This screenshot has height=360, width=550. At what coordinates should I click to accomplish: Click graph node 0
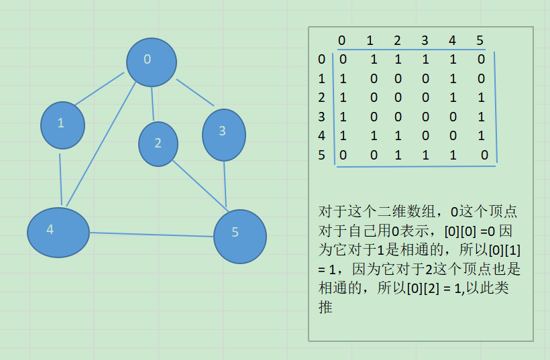pos(151,62)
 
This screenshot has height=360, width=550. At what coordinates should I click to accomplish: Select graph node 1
pos(62,125)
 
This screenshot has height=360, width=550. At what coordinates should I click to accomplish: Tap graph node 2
pos(158,143)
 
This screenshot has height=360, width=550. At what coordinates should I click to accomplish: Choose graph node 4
pos(58,232)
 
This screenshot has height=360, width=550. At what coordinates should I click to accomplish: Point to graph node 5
pos(239,236)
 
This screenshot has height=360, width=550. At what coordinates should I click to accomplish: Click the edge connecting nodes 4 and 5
pos(152,235)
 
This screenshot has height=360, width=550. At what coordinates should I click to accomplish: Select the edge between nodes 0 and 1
pos(99,89)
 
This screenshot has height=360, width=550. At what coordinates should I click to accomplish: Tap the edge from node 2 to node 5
pos(199,183)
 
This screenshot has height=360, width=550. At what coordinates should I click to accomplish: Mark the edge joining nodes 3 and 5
pos(225,184)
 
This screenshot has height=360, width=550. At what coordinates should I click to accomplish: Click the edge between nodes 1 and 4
pos(61,179)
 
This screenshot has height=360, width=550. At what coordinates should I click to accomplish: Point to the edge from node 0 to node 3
pos(195,93)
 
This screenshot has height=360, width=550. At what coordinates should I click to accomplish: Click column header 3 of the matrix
pos(425,40)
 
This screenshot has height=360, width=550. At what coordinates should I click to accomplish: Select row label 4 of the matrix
pos(322,135)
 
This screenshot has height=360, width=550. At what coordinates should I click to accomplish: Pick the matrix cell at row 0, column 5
pos(481,60)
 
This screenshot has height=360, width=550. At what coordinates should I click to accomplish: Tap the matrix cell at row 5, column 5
pos(484,156)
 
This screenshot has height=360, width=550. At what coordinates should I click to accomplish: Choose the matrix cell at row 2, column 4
pos(453,98)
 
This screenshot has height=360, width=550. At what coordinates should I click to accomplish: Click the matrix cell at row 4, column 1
pos(374,136)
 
